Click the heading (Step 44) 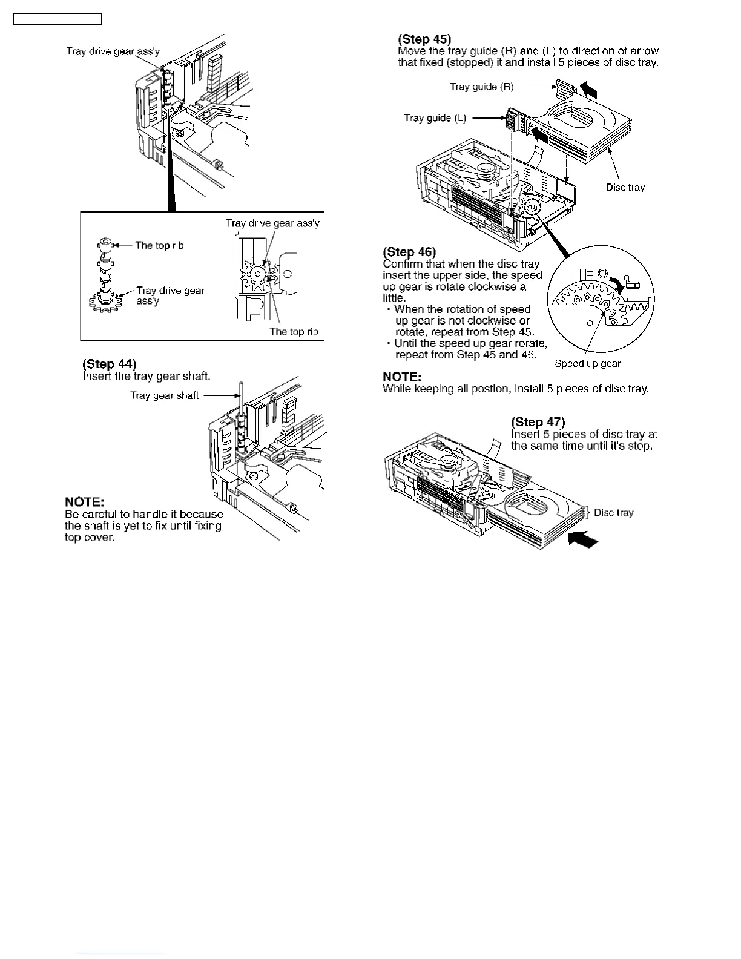pyautogui.click(x=110, y=364)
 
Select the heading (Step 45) pyautogui.click(x=424, y=39)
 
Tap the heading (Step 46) pyautogui.click(x=409, y=252)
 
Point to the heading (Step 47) pyautogui.click(x=538, y=422)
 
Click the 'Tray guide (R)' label pyautogui.click(x=482, y=87)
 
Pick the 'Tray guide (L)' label pyautogui.click(x=435, y=117)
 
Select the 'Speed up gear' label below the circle pyautogui.click(x=588, y=363)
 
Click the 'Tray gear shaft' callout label pyautogui.click(x=165, y=395)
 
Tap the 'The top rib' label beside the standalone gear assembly pyautogui.click(x=159, y=245)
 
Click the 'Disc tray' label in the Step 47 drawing pyautogui.click(x=614, y=513)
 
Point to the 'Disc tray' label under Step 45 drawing pyautogui.click(x=625, y=187)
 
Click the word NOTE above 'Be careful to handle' pyautogui.click(x=85, y=502)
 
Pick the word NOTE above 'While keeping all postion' pyautogui.click(x=402, y=377)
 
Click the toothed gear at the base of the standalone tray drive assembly pyautogui.click(x=105, y=301)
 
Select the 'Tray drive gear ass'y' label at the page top pyautogui.click(x=113, y=51)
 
